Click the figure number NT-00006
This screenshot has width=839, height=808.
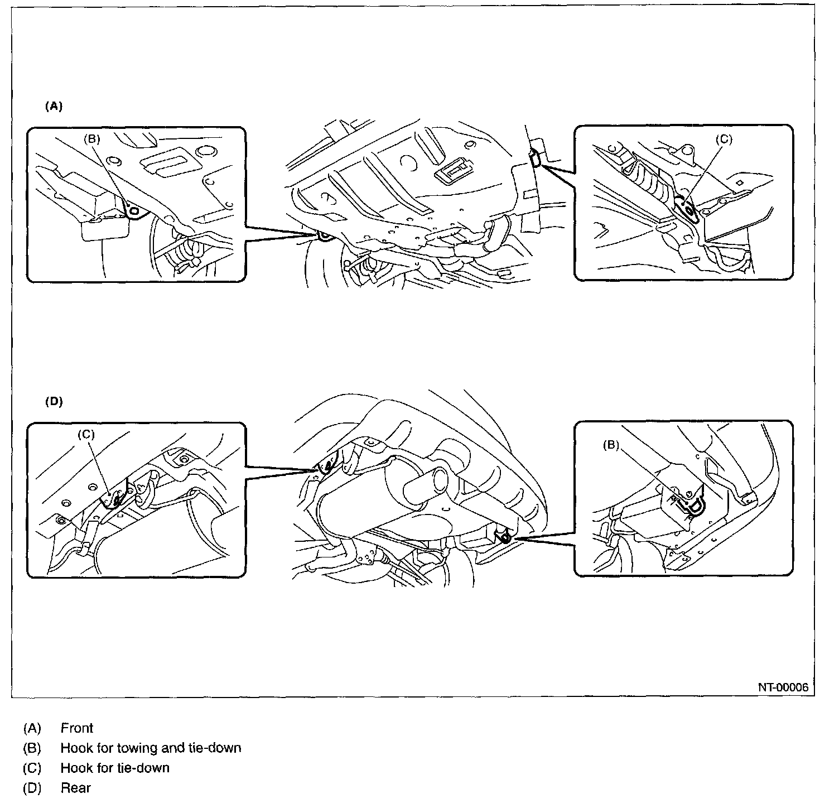[783, 687]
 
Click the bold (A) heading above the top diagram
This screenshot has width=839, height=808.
[54, 107]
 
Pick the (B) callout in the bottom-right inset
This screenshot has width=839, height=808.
[611, 445]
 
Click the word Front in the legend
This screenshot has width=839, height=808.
[77, 728]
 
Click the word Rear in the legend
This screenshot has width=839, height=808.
[75, 788]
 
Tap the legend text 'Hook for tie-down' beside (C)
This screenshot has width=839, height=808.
[115, 768]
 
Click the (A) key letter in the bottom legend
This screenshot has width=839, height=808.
[32, 728]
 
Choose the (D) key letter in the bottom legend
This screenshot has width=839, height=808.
[32, 788]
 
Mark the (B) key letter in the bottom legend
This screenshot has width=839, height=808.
[32, 748]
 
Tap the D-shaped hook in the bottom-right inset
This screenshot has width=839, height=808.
[696, 505]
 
